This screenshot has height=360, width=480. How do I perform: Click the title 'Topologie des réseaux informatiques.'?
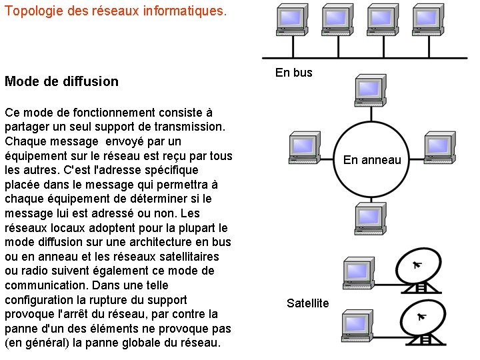pos(115,12)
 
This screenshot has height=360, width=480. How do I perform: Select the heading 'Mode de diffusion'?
pos(61,81)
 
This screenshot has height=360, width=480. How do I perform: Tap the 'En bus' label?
pos(293,73)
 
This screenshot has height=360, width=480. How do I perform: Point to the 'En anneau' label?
pos(372,159)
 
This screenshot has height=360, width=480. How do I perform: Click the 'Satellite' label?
pos(308,303)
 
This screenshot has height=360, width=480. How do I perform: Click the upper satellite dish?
pos(419,270)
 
